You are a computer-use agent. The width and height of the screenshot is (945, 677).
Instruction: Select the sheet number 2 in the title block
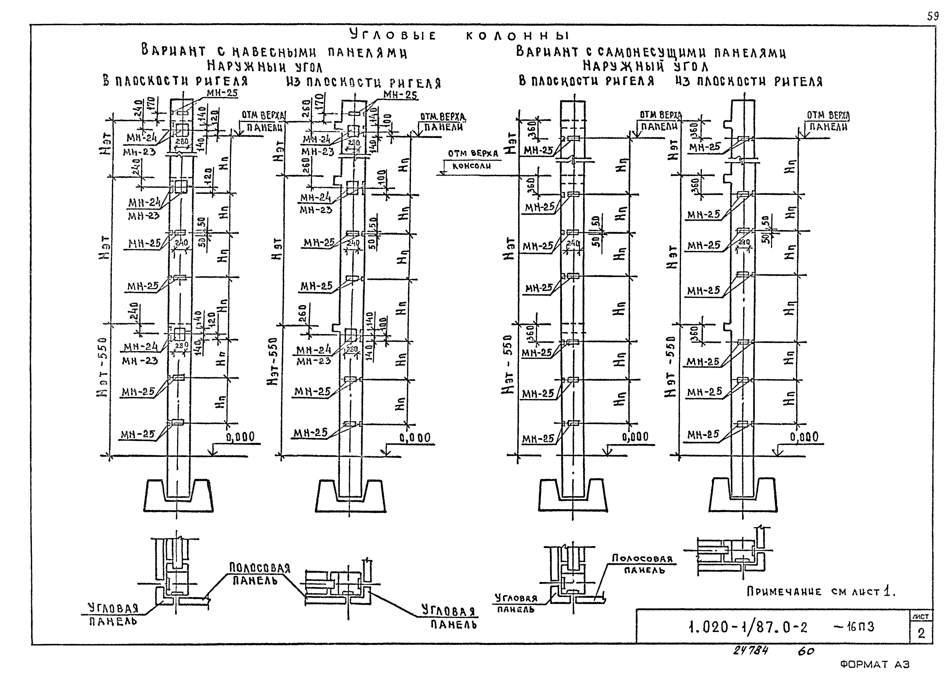(x=921, y=634)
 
